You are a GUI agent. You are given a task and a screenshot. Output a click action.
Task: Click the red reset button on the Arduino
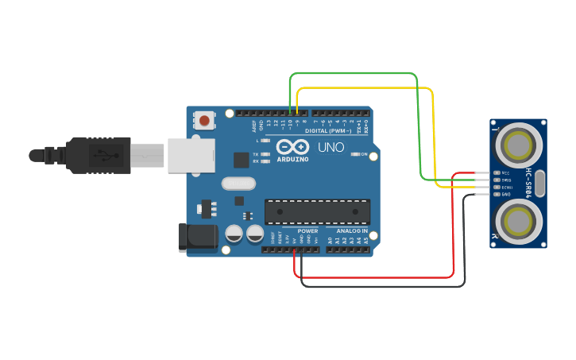(x=205, y=122)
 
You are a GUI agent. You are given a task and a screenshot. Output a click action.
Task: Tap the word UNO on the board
(x=331, y=147)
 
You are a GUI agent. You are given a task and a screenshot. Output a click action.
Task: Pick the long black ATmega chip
(x=317, y=211)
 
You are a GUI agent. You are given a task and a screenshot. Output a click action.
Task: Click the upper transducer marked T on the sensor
(x=519, y=145)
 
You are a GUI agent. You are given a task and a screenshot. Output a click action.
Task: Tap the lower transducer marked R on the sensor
(x=519, y=219)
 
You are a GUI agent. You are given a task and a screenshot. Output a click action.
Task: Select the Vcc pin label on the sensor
(x=505, y=172)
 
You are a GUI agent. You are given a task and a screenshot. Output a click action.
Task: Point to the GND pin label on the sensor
(x=505, y=194)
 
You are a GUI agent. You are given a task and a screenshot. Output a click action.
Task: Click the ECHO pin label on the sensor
(x=505, y=187)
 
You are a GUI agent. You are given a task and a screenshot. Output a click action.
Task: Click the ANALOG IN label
(x=350, y=231)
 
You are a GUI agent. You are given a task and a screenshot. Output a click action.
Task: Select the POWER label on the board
(x=307, y=231)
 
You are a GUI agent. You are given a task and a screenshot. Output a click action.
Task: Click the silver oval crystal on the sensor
(x=540, y=183)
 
